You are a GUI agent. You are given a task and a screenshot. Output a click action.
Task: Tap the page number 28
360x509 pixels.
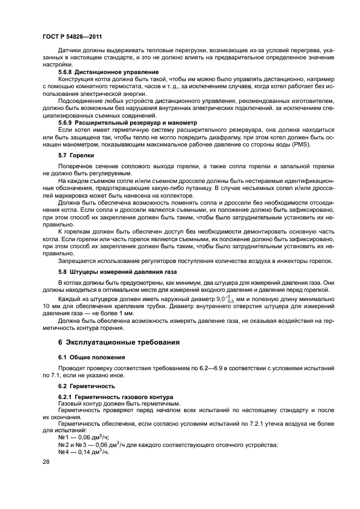pos(46,462)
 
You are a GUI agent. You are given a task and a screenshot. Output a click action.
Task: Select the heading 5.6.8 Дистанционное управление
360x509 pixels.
pos(108,72)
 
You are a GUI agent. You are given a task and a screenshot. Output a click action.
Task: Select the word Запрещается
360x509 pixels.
pos(80,261)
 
